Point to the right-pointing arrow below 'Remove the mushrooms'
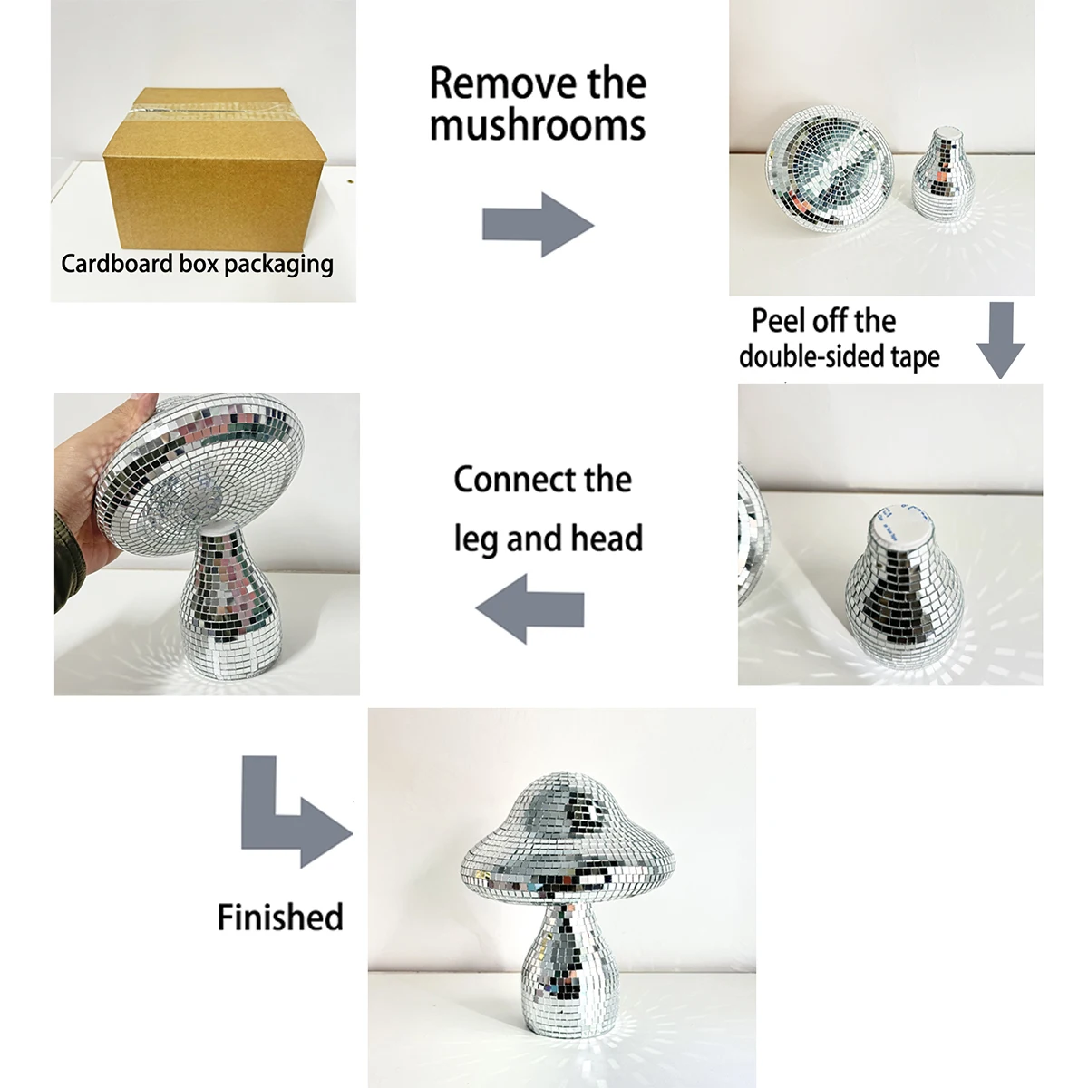(538, 225)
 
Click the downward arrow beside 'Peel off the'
(1000, 340)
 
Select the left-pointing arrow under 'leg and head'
(529, 609)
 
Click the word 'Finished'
(280, 917)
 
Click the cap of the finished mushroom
(568, 841)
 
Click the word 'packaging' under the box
(279, 265)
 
